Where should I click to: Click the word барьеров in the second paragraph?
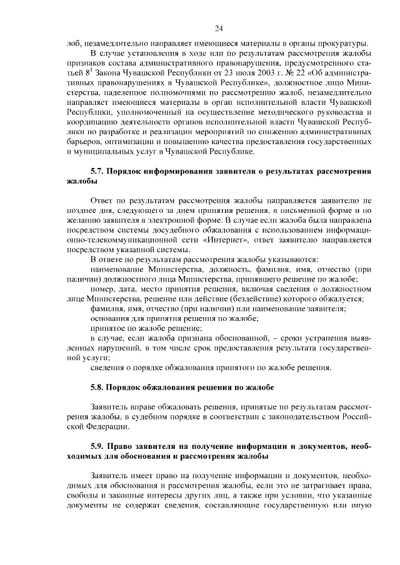(82, 141)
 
